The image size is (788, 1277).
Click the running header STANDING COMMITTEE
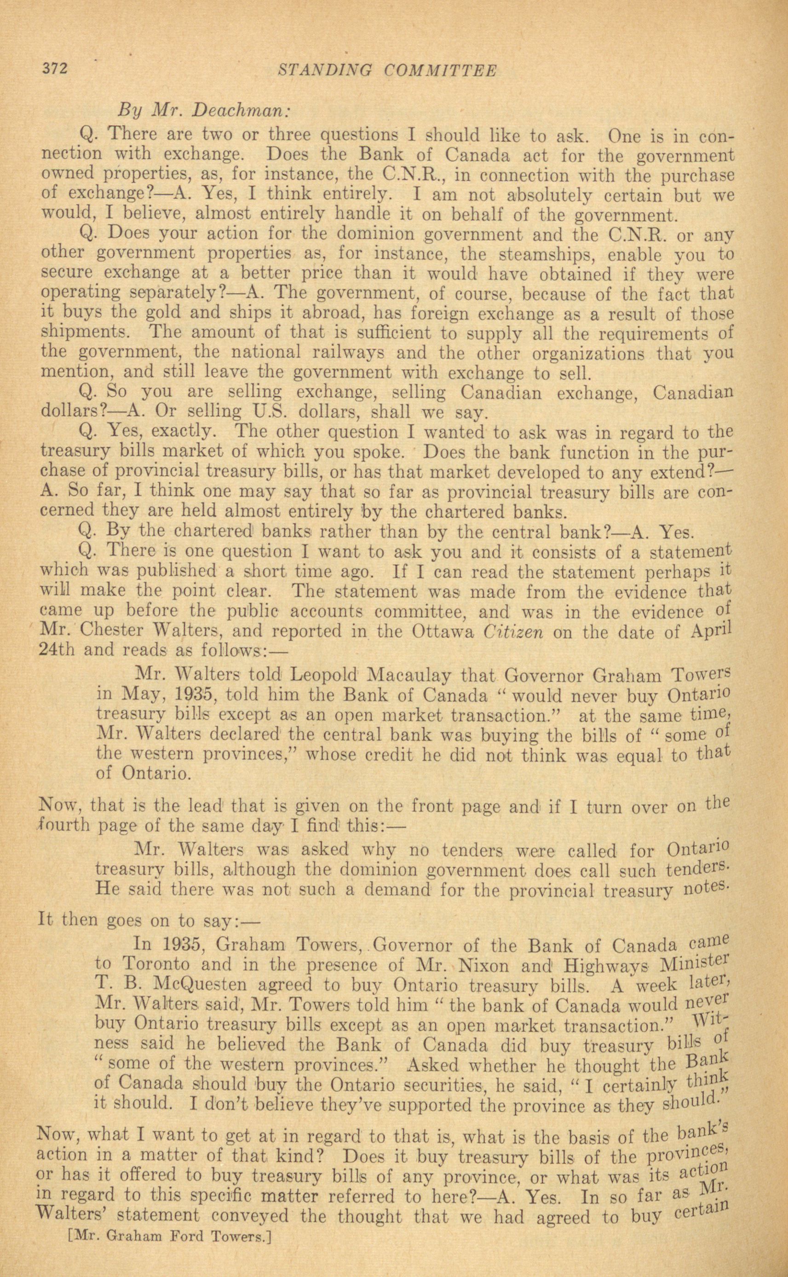388,71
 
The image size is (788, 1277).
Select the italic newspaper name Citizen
514,632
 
